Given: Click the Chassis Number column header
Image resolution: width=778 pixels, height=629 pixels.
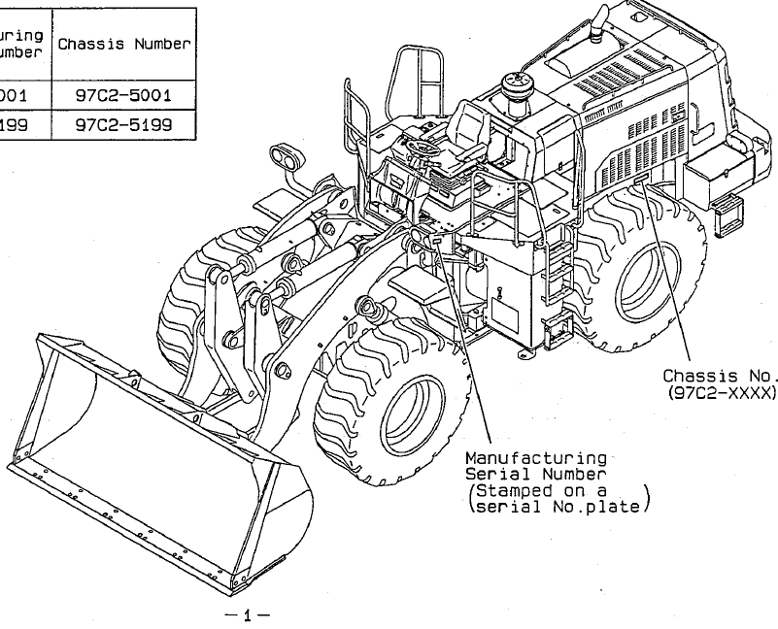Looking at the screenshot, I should click(127, 45).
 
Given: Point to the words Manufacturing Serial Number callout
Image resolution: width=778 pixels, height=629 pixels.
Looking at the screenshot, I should click(536, 465).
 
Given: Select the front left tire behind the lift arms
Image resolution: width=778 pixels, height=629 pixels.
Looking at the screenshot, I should click(194, 291).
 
